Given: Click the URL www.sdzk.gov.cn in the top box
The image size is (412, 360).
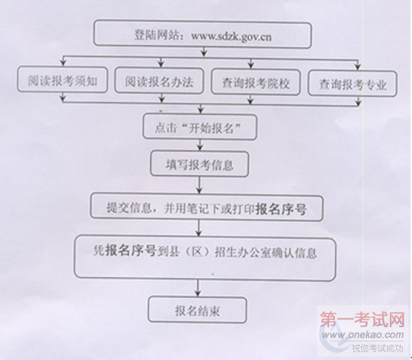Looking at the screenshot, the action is [231, 36].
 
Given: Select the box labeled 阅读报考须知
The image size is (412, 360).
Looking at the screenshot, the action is [63, 79].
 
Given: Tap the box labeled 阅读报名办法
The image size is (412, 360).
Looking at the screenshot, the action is [159, 81].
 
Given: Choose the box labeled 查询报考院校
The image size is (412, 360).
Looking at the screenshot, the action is [256, 81].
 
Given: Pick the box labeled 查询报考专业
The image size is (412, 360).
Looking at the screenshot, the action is [352, 84].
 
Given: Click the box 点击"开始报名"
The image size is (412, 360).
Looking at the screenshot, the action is [200, 126].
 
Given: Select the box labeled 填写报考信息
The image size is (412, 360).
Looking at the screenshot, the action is [199, 164].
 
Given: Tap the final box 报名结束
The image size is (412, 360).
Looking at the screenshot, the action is [197, 310].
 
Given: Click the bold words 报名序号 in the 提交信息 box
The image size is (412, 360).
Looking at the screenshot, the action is [281, 209].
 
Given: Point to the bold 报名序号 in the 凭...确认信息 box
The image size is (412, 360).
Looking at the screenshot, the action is [131, 250].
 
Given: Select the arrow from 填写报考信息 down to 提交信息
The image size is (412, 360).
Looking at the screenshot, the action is [199, 185].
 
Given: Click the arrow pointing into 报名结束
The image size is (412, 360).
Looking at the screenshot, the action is [198, 289].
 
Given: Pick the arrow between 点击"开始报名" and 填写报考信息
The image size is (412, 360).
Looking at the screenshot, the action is [200, 145].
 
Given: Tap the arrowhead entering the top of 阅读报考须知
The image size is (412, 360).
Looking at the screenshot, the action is [63, 63].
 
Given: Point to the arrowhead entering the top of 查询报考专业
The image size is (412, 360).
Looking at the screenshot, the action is [358, 66].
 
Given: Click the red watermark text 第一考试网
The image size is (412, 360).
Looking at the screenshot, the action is [362, 319].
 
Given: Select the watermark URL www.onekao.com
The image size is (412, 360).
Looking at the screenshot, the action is [363, 335].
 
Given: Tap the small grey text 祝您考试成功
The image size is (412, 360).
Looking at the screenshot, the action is [377, 348].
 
